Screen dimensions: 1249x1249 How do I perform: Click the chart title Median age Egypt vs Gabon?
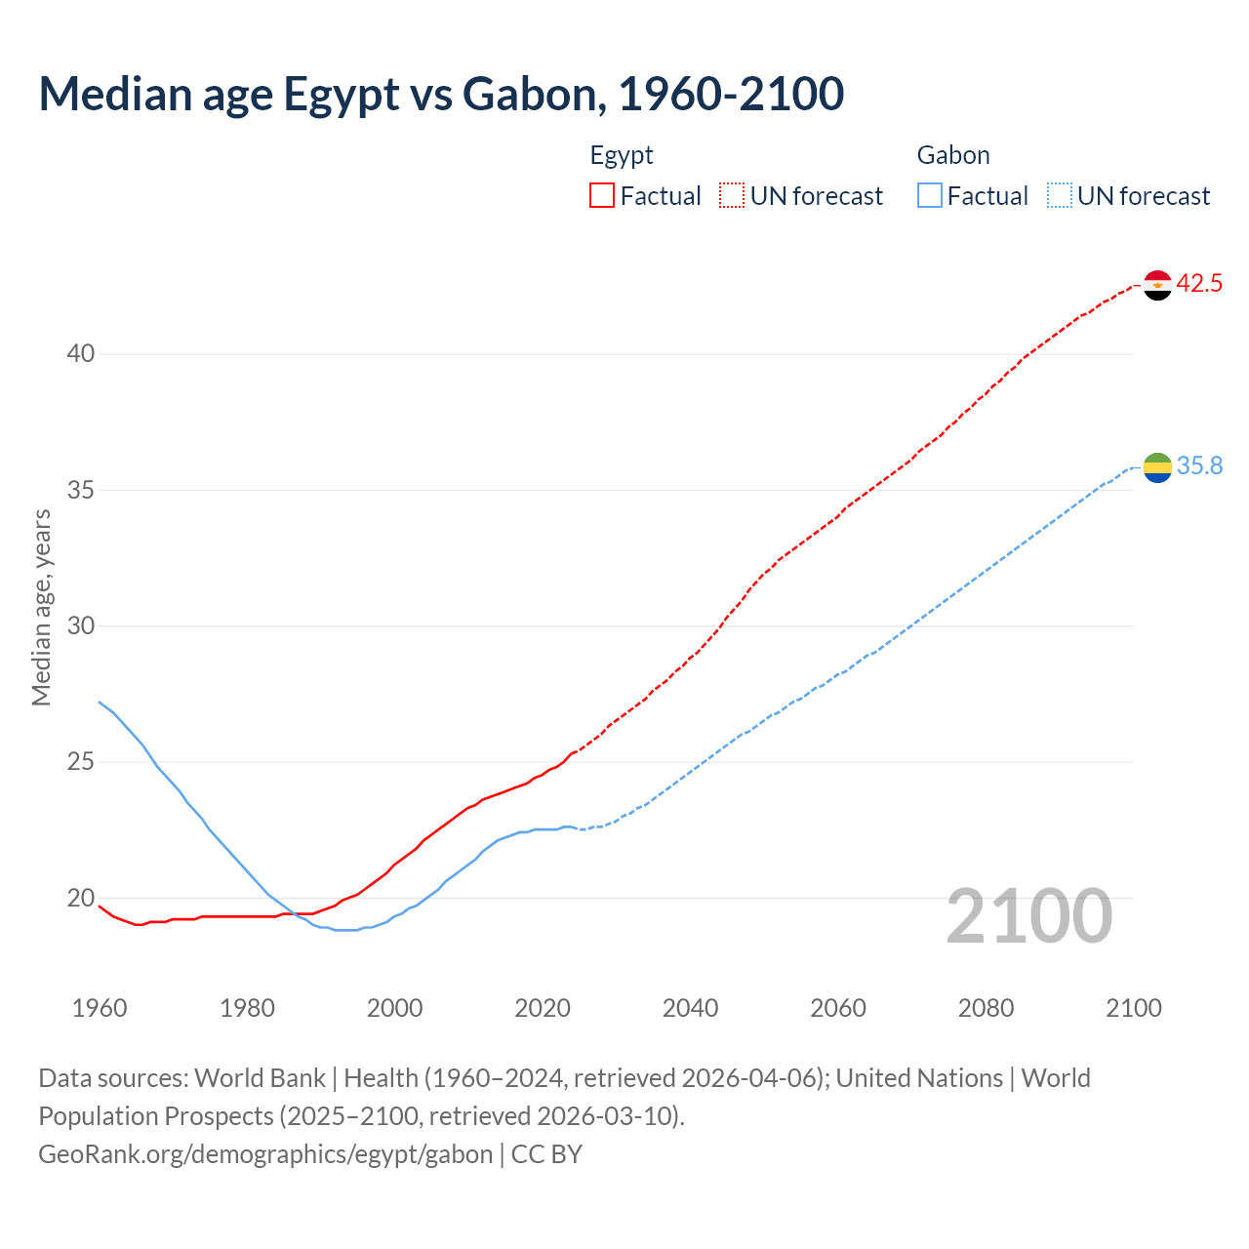pyautogui.click(x=441, y=95)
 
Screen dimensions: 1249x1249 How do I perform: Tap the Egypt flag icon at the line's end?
pyautogui.click(x=1157, y=285)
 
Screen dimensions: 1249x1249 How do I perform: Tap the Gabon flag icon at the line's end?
pyautogui.click(x=1157, y=467)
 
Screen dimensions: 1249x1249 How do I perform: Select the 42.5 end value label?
pyautogui.click(x=1199, y=284)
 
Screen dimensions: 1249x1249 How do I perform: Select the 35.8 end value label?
pyautogui.click(x=1199, y=466)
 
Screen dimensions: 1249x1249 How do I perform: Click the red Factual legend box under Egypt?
pyautogui.click(x=602, y=195)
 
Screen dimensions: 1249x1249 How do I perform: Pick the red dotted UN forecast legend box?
pyautogui.click(x=732, y=195)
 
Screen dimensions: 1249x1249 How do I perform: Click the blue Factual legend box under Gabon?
pyautogui.click(x=930, y=195)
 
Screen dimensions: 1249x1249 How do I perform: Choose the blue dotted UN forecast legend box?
pyautogui.click(x=1059, y=195)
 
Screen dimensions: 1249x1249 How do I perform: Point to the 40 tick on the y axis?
pyautogui.click(x=81, y=354)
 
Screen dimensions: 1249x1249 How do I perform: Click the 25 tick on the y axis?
pyautogui.click(x=81, y=762)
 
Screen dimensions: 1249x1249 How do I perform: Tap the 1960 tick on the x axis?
pyautogui.click(x=100, y=1008)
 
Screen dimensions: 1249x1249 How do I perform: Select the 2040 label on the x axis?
pyautogui.click(x=691, y=1008)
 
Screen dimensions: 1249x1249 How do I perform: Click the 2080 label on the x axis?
pyautogui.click(x=986, y=1008)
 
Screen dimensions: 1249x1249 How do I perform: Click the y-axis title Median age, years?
pyautogui.click(x=41, y=607)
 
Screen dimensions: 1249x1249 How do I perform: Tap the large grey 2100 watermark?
pyautogui.click(x=1028, y=916)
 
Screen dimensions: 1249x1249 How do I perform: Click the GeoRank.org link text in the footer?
pyautogui.click(x=265, y=1154)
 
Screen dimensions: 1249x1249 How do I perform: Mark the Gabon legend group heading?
pyautogui.click(x=953, y=155)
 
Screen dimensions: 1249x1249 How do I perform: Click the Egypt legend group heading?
pyautogui.click(x=622, y=155)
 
